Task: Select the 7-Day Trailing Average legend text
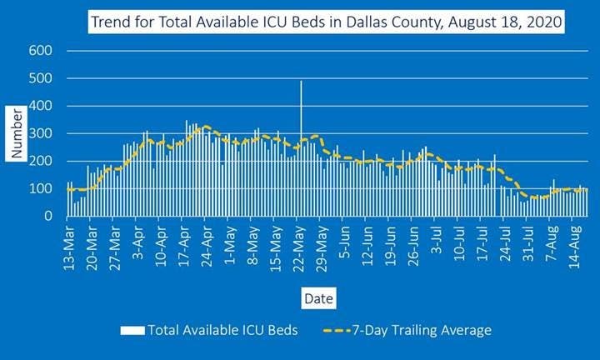pyautogui.click(x=421, y=330)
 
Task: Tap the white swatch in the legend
pyautogui.click(x=132, y=330)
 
